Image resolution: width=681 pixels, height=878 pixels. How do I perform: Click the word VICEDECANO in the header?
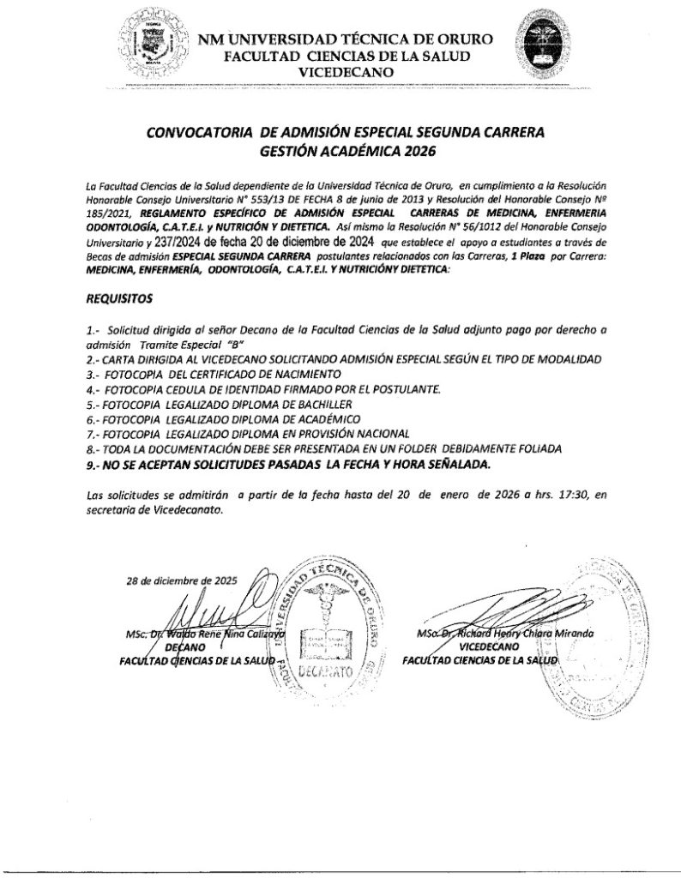345,72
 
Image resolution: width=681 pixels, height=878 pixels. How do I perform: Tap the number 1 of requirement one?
90,329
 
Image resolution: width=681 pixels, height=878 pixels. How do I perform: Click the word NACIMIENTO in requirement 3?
302,375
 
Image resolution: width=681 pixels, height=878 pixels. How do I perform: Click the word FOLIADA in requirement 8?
530,448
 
